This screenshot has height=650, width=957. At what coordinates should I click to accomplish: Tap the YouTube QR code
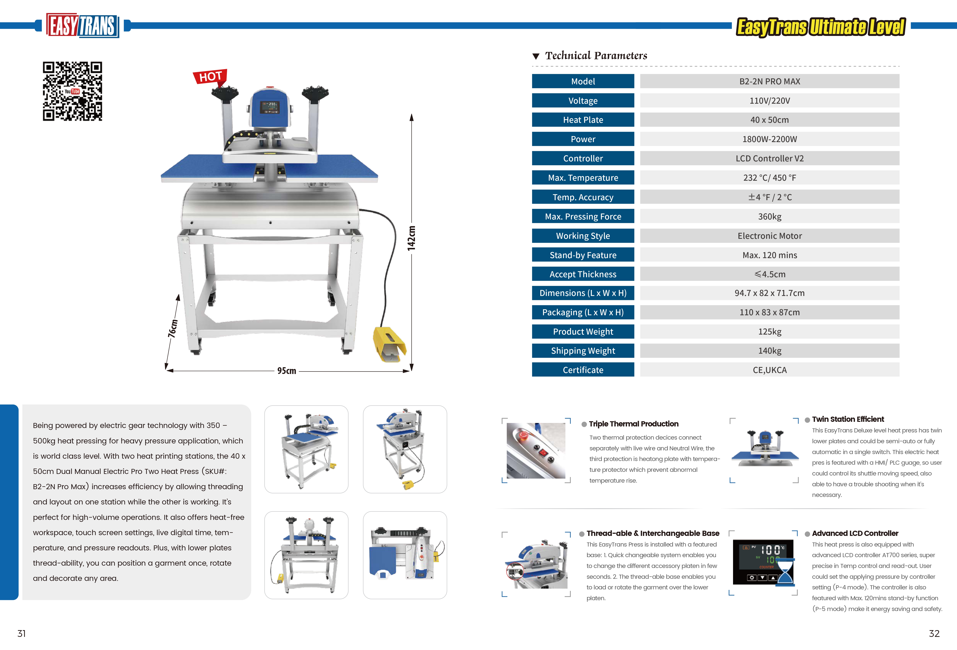pos(73,91)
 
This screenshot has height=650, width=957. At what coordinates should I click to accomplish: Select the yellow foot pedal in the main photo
pos(389,344)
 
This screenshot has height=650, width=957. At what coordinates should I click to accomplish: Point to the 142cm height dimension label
pos(411,238)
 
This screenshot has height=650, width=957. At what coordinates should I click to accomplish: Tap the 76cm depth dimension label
pos(173,329)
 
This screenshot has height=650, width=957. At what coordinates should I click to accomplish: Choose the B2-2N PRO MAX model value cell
pos(769,81)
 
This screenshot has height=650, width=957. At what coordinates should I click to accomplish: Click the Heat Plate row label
pos(583,120)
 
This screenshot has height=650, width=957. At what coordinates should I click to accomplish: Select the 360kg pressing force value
pos(769,216)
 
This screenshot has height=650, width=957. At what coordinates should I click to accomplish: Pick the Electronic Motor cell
pos(769,236)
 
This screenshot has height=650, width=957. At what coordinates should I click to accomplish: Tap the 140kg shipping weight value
pos(769,351)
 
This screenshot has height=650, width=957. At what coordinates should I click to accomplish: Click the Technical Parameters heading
pos(596,56)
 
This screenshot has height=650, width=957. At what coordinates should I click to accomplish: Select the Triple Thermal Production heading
pos(633,424)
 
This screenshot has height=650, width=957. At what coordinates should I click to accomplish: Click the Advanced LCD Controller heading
pos(855,533)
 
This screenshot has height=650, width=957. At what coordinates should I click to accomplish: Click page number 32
pos(934,634)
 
